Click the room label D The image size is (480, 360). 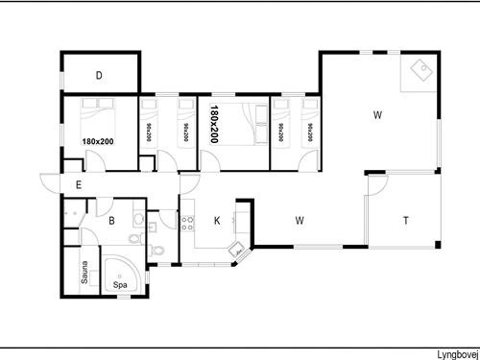(x=99, y=76)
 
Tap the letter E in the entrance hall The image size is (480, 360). (x=79, y=185)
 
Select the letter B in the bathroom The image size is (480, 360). (x=111, y=221)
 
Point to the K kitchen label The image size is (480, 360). (x=217, y=221)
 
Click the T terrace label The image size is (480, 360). (x=406, y=221)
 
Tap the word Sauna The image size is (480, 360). (x=84, y=273)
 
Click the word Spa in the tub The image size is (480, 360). (x=120, y=284)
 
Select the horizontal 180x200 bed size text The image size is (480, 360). (x=98, y=141)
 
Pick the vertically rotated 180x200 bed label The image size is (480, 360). (x=214, y=124)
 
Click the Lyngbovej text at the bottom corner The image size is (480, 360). (x=458, y=354)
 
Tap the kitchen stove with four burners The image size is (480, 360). (x=187, y=224)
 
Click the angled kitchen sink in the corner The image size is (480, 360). (x=237, y=249)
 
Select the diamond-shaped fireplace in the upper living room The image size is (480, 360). (x=422, y=70)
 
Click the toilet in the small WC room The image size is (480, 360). (x=157, y=250)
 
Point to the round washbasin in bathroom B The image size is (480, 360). (x=138, y=219)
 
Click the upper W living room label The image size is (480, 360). (x=377, y=115)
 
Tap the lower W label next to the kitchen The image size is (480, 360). (x=300, y=221)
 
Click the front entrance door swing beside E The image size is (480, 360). (x=50, y=183)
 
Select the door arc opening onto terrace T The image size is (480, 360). (x=378, y=185)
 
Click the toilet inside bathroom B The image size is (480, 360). (x=136, y=239)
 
